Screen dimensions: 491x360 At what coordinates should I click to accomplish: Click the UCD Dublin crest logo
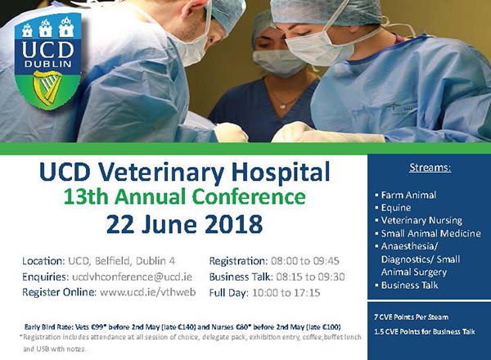47,61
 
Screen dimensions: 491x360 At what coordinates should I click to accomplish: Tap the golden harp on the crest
47,88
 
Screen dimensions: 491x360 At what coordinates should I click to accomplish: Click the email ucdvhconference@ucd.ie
132,277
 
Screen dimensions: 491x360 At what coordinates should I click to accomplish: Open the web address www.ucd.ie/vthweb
148,292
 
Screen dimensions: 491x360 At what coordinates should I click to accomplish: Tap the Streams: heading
430,168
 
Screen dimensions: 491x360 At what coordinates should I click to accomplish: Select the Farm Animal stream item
408,195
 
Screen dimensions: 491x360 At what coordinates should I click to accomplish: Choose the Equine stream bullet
396,208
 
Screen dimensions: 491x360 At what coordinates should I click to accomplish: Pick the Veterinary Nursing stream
421,220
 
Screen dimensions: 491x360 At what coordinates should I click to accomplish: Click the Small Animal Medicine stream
431,233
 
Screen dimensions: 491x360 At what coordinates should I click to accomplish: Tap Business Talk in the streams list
410,286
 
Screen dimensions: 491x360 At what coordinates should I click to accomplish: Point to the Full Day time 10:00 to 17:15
286,293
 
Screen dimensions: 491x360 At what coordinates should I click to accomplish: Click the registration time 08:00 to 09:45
305,261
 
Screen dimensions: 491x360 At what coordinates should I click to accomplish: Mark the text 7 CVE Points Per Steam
411,317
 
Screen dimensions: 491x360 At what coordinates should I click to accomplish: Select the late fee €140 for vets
187,327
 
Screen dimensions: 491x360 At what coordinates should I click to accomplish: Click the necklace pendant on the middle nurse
283,106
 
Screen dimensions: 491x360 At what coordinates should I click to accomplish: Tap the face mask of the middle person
279,63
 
